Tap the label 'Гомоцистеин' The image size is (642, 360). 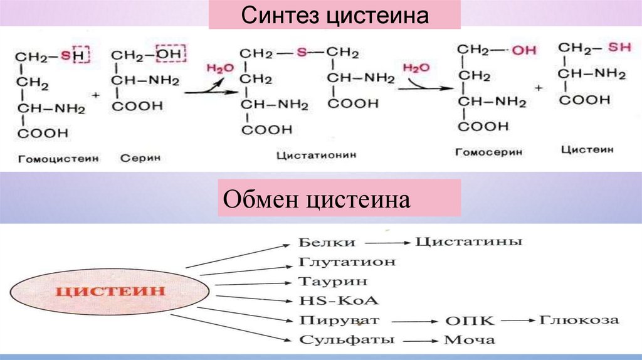(x=58, y=159)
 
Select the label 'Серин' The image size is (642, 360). (x=140, y=159)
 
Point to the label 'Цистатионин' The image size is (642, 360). (x=317, y=154)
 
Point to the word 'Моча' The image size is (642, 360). (x=469, y=341)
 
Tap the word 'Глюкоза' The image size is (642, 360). (x=579, y=320)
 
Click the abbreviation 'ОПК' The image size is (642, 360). (x=470, y=320)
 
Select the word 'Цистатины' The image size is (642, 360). (x=469, y=241)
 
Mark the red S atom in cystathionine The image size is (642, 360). (x=301, y=53)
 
